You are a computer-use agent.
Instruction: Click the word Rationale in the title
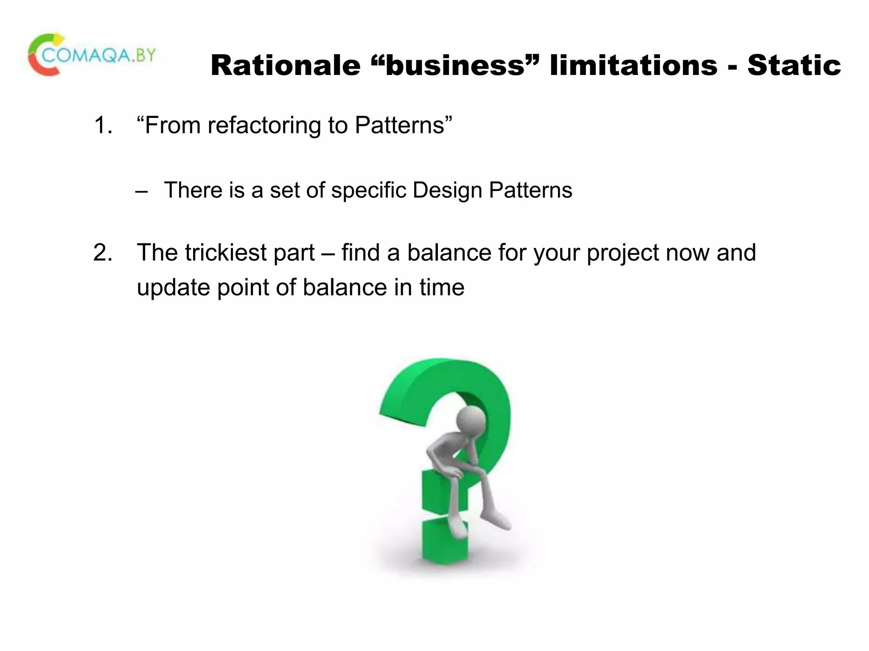pos(285,66)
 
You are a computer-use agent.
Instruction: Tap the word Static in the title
pos(794,66)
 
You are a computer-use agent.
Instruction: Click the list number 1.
pos(103,125)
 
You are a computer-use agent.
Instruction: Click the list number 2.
pos(103,253)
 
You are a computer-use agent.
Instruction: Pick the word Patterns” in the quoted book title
pos(404,125)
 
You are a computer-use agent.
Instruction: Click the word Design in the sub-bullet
pos(447,190)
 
